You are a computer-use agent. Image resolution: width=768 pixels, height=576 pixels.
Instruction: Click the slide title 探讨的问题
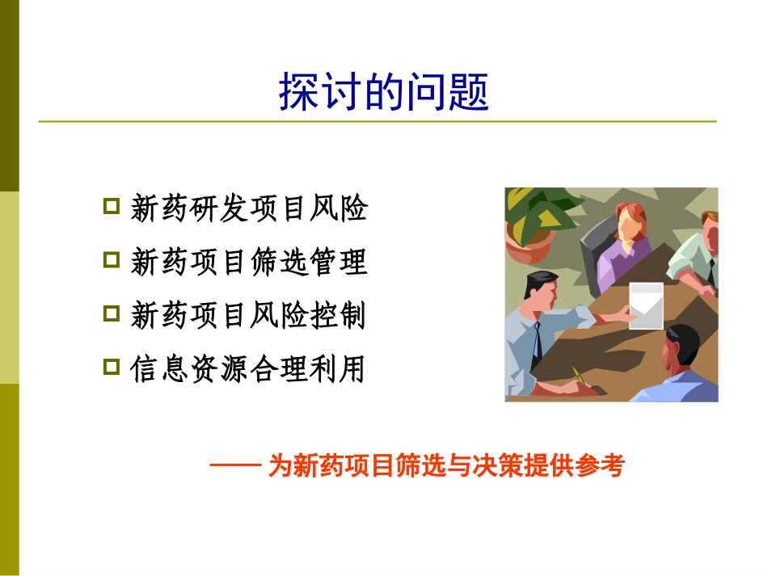coord(384,92)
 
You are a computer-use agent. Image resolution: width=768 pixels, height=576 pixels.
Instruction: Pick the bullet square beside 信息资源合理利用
coord(112,367)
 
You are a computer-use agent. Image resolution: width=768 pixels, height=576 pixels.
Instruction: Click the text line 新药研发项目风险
coord(249,208)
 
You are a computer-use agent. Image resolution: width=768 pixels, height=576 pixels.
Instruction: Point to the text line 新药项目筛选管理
coord(249,262)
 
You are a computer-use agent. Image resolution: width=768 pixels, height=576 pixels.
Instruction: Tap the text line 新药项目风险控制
coord(249,316)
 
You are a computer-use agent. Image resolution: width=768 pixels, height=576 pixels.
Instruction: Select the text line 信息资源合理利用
coord(249,370)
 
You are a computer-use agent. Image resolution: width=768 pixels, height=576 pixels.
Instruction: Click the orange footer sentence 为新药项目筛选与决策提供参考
coord(446,467)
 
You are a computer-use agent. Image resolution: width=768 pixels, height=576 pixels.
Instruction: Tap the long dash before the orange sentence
coord(234,466)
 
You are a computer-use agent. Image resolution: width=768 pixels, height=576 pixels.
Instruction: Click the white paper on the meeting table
coord(646,305)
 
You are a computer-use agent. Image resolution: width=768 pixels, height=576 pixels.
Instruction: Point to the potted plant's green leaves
coord(538,212)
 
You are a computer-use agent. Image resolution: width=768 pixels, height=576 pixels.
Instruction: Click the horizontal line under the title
coord(378,122)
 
